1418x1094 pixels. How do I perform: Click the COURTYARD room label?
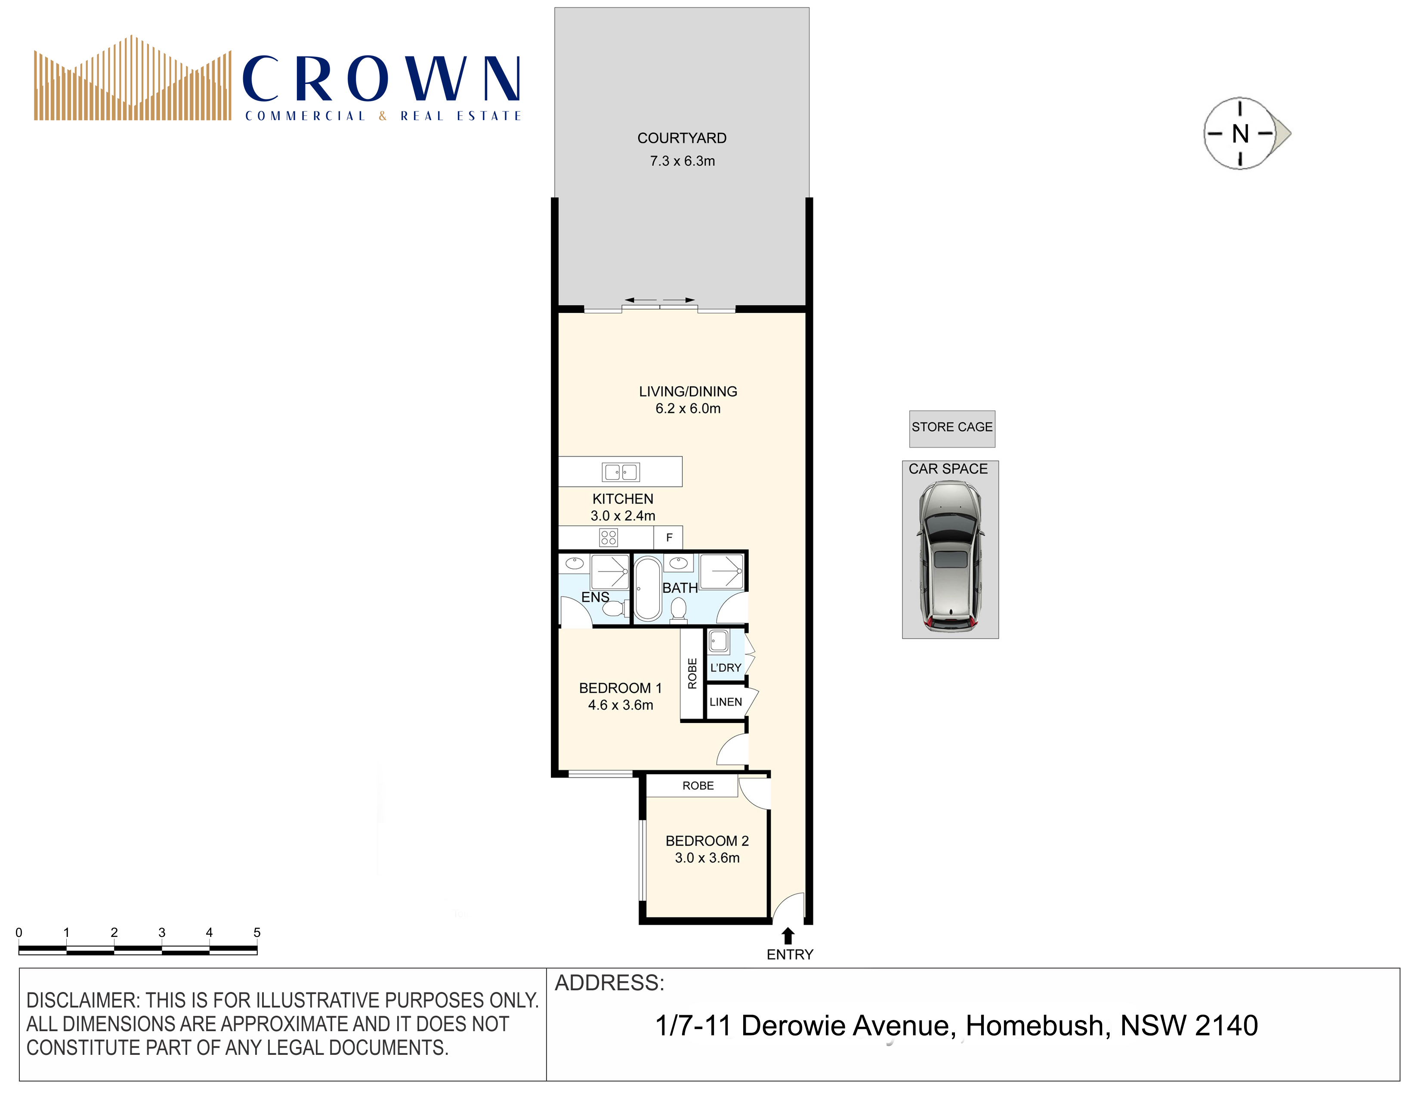click(x=682, y=138)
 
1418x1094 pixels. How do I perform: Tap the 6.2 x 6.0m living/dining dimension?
click(x=688, y=408)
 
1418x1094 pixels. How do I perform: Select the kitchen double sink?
click(x=621, y=472)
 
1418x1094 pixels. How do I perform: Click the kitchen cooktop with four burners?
click(x=609, y=538)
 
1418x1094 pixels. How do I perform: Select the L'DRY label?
click(x=725, y=668)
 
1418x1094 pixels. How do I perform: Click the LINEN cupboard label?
click(x=725, y=702)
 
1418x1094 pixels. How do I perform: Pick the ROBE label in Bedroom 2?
click(x=698, y=785)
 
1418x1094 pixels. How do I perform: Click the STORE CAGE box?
click(x=952, y=429)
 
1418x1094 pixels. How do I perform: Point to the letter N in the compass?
click(x=1240, y=134)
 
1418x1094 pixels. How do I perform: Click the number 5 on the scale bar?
click(x=257, y=932)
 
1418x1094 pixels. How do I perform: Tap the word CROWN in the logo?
click(x=382, y=79)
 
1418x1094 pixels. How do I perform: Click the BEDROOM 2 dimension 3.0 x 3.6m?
click(x=707, y=858)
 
